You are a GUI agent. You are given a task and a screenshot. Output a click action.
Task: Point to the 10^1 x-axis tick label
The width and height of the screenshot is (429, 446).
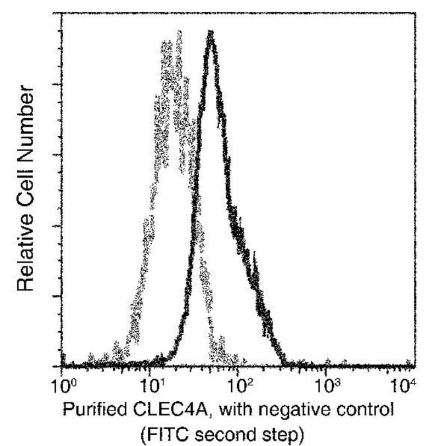coord(151,383)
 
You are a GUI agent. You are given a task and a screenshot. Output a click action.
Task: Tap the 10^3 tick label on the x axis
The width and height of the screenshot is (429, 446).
coord(328,383)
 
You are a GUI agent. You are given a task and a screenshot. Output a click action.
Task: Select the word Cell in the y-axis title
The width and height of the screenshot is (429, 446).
coord(25,177)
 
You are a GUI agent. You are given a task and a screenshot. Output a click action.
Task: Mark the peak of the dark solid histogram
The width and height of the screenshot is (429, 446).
coord(211,32)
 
